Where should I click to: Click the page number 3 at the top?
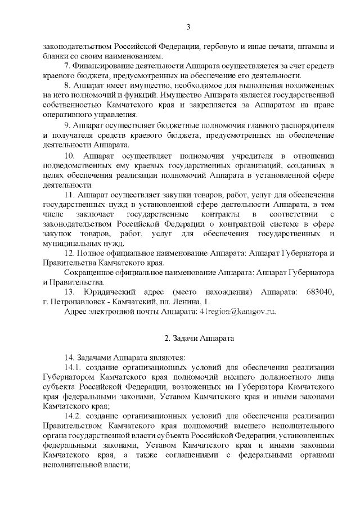pyautogui.click(x=188, y=27)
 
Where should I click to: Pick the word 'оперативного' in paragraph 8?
pyautogui.click(x=67, y=115)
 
